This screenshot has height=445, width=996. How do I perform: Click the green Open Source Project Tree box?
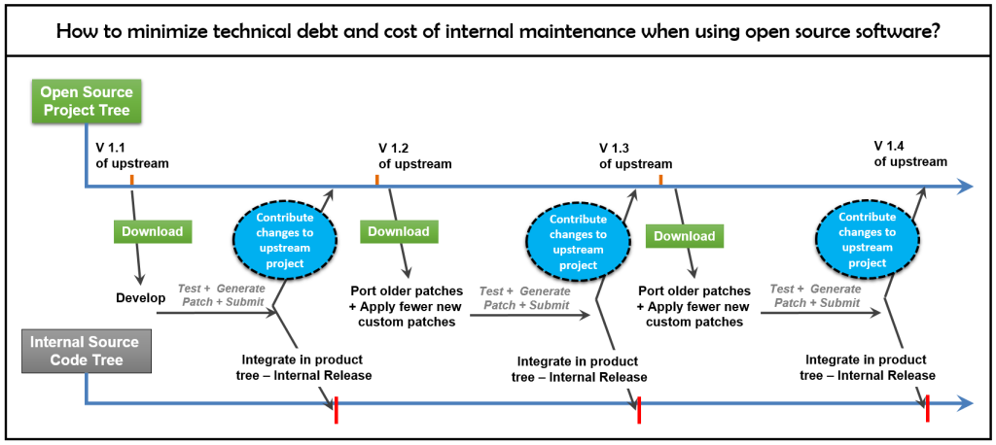click(87, 102)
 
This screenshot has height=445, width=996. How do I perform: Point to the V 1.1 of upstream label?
click(131, 154)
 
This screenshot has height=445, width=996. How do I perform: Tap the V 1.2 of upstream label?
click(414, 155)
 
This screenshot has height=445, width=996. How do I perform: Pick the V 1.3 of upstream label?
click(635, 155)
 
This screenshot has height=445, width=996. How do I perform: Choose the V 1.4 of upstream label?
click(909, 154)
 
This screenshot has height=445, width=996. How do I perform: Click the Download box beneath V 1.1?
click(152, 231)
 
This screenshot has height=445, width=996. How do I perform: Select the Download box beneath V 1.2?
click(398, 231)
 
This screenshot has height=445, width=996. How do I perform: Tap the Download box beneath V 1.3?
click(684, 236)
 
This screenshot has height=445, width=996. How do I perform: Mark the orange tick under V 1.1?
click(131, 180)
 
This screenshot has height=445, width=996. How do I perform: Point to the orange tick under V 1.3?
click(660, 180)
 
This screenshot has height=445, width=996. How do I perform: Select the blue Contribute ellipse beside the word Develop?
click(284, 240)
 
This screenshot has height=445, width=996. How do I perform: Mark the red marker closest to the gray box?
click(336, 410)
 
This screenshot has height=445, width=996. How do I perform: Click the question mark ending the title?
click(935, 30)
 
